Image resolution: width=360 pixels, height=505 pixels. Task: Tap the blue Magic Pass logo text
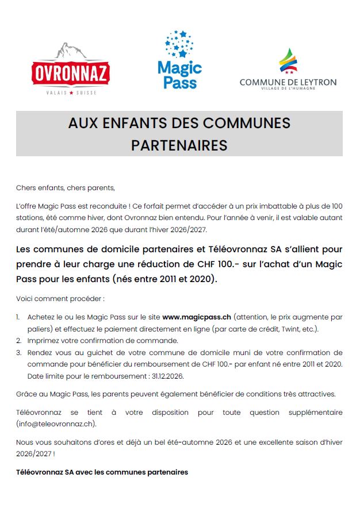179,75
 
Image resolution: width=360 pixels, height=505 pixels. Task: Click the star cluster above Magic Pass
179,44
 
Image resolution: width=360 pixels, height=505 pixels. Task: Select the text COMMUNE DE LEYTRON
288,82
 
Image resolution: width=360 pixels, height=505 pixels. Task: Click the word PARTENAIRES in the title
179,145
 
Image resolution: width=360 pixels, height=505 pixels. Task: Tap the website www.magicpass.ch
197,317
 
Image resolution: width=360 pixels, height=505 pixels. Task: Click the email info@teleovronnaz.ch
56,423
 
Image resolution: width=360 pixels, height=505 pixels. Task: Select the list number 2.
18,340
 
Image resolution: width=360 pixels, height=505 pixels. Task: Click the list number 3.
18,352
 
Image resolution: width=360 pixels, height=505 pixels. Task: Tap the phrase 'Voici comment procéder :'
60,299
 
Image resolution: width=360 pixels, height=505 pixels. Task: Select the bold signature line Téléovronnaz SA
102,472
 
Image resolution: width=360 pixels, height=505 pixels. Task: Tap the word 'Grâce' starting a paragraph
26,394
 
